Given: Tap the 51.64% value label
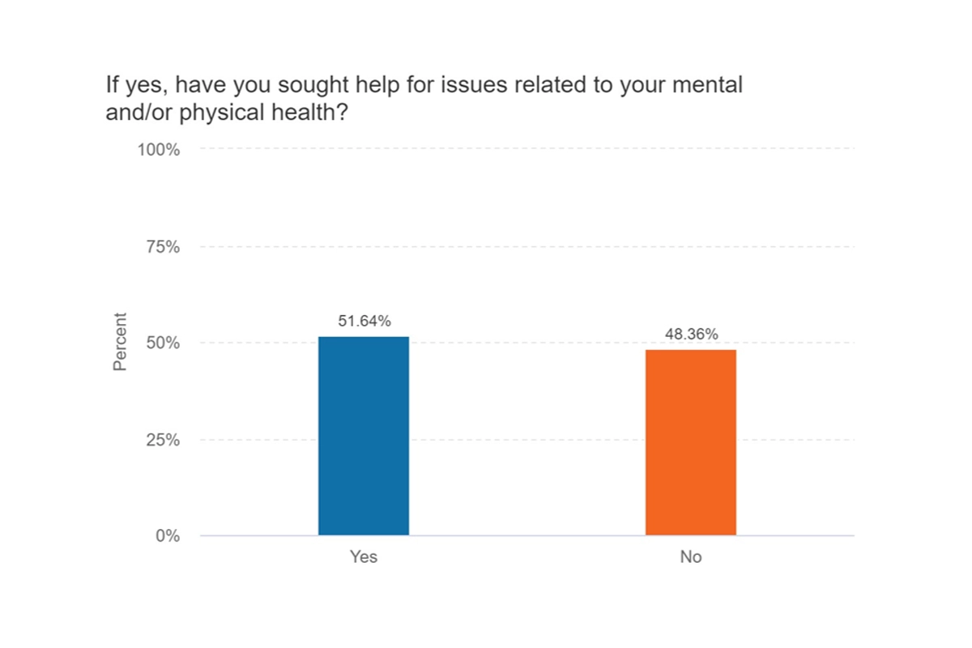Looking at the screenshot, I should click(364, 322).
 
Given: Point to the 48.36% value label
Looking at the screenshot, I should click(691, 335).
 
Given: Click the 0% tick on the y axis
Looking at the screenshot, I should click(168, 536).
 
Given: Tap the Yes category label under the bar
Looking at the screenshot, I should click(364, 557).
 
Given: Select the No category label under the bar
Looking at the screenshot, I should click(691, 557).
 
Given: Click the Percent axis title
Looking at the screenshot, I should click(120, 342).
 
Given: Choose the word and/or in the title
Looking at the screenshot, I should click(139, 113).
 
